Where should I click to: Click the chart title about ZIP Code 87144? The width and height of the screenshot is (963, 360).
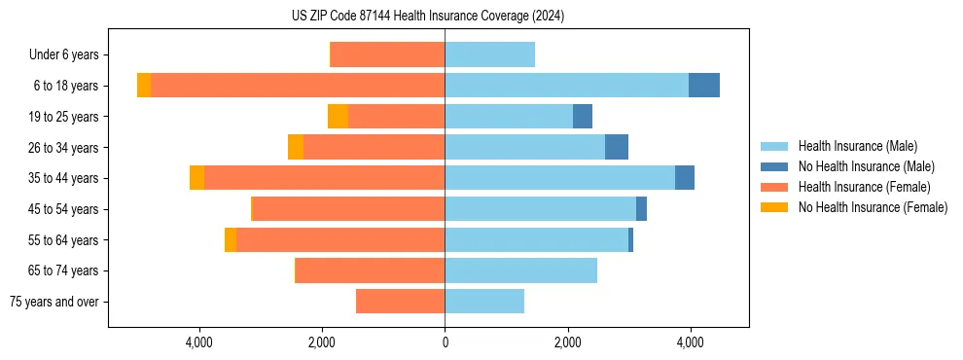pyautogui.click(x=428, y=17)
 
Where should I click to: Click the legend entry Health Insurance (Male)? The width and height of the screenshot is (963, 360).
pyautogui.click(x=857, y=146)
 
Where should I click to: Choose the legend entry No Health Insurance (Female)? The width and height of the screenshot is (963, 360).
pyautogui.click(x=873, y=207)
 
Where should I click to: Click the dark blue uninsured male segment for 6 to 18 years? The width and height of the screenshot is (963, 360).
pyautogui.click(x=703, y=86)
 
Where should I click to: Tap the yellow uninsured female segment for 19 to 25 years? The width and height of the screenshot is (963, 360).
pyautogui.click(x=338, y=117)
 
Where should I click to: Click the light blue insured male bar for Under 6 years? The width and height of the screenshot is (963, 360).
pyautogui.click(x=489, y=55)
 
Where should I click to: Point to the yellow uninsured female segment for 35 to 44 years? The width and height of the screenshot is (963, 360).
pyautogui.click(x=196, y=178)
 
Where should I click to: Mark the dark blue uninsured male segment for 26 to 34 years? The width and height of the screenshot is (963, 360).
pyautogui.click(x=616, y=147)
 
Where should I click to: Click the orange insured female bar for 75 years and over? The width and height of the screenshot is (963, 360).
pyautogui.click(x=400, y=302)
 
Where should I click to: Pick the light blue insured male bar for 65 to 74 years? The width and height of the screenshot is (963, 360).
pyautogui.click(x=520, y=270)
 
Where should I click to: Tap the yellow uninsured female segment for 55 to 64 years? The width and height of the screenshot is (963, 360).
pyautogui.click(x=231, y=239)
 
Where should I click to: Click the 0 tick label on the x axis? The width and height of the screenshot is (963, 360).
pyautogui.click(x=445, y=342)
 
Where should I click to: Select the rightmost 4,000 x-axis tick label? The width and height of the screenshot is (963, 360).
pyautogui.click(x=690, y=342)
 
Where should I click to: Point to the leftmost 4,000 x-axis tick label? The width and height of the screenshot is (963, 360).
pyautogui.click(x=199, y=342)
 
